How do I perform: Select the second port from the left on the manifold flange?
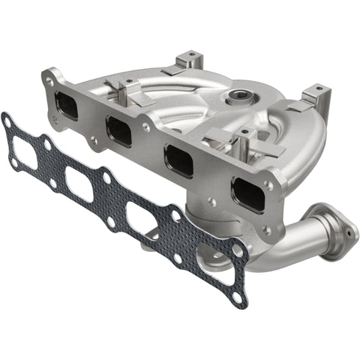(119, 130)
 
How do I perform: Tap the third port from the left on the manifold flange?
(178, 160)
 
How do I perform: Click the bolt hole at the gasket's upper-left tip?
(7, 119)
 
